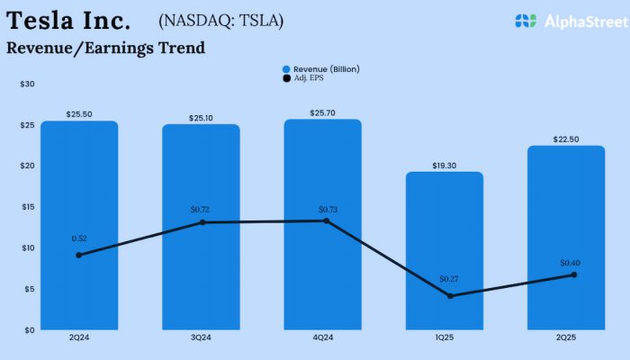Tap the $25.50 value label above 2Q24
[79, 114]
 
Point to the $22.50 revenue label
[565, 139]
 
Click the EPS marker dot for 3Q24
[202, 222]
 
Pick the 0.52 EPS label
[80, 238]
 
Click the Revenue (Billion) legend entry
[320, 68]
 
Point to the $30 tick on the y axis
[28, 84]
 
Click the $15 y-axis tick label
[28, 207]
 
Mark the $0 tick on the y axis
[30, 329]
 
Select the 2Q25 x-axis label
[565, 337]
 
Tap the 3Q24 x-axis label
[201, 337]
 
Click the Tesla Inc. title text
[68, 20]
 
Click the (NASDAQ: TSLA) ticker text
[220, 20]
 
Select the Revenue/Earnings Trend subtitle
[105, 48]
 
